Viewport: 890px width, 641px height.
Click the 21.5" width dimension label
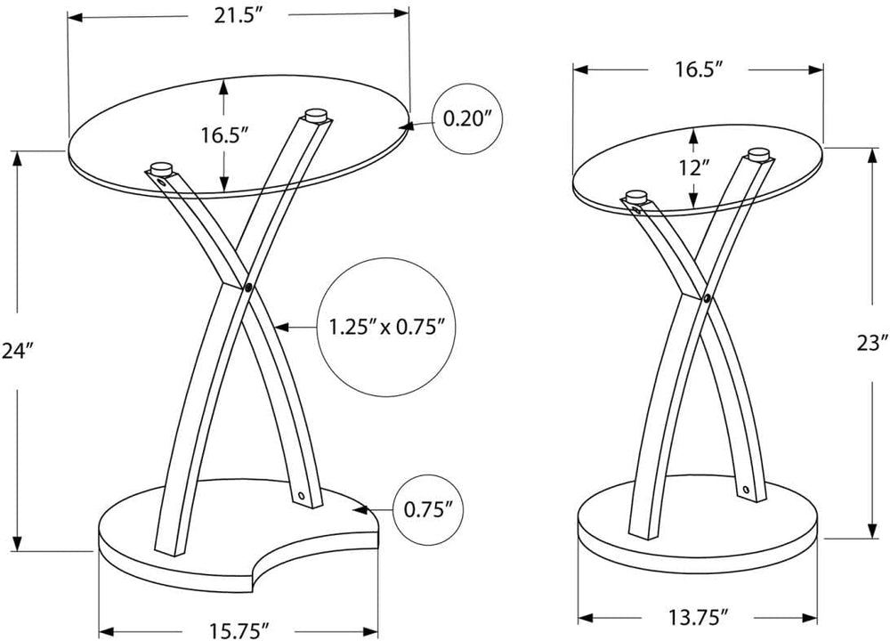click(238, 16)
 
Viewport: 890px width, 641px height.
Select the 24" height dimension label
click(15, 352)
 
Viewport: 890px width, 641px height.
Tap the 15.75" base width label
click(239, 630)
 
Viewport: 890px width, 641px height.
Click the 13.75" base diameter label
click(698, 615)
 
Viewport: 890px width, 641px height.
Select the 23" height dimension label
click(872, 344)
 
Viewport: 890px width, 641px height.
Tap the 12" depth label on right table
click(693, 168)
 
